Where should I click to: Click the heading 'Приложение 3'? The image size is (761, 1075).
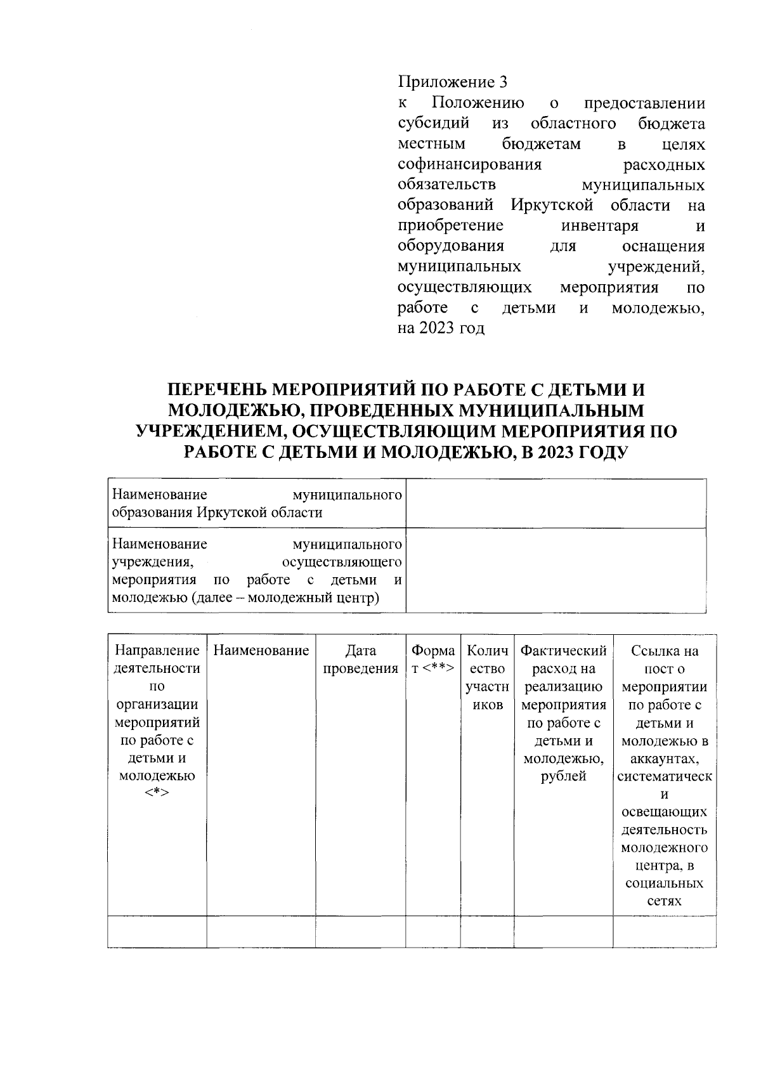(453, 82)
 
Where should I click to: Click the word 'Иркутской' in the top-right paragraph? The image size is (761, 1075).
(552, 205)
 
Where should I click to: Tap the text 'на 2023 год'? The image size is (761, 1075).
(441, 329)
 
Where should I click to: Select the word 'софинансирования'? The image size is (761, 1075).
(469, 165)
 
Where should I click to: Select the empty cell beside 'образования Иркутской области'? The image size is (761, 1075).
(556, 504)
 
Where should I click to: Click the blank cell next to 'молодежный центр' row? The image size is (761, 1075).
(556, 570)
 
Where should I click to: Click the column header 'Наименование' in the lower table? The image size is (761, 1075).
(261, 651)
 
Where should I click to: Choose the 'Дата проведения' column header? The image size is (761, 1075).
(360, 660)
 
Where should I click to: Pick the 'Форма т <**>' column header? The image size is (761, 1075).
(433, 660)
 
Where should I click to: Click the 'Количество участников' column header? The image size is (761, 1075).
(487, 677)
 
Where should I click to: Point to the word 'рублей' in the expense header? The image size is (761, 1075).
(563, 776)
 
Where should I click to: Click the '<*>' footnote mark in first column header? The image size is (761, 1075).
(157, 794)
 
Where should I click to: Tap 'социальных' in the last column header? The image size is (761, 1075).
(664, 883)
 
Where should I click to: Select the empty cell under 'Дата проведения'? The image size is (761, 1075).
(360, 931)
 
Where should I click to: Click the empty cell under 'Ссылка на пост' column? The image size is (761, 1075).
(664, 931)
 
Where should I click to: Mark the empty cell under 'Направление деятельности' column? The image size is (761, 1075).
(157, 931)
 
